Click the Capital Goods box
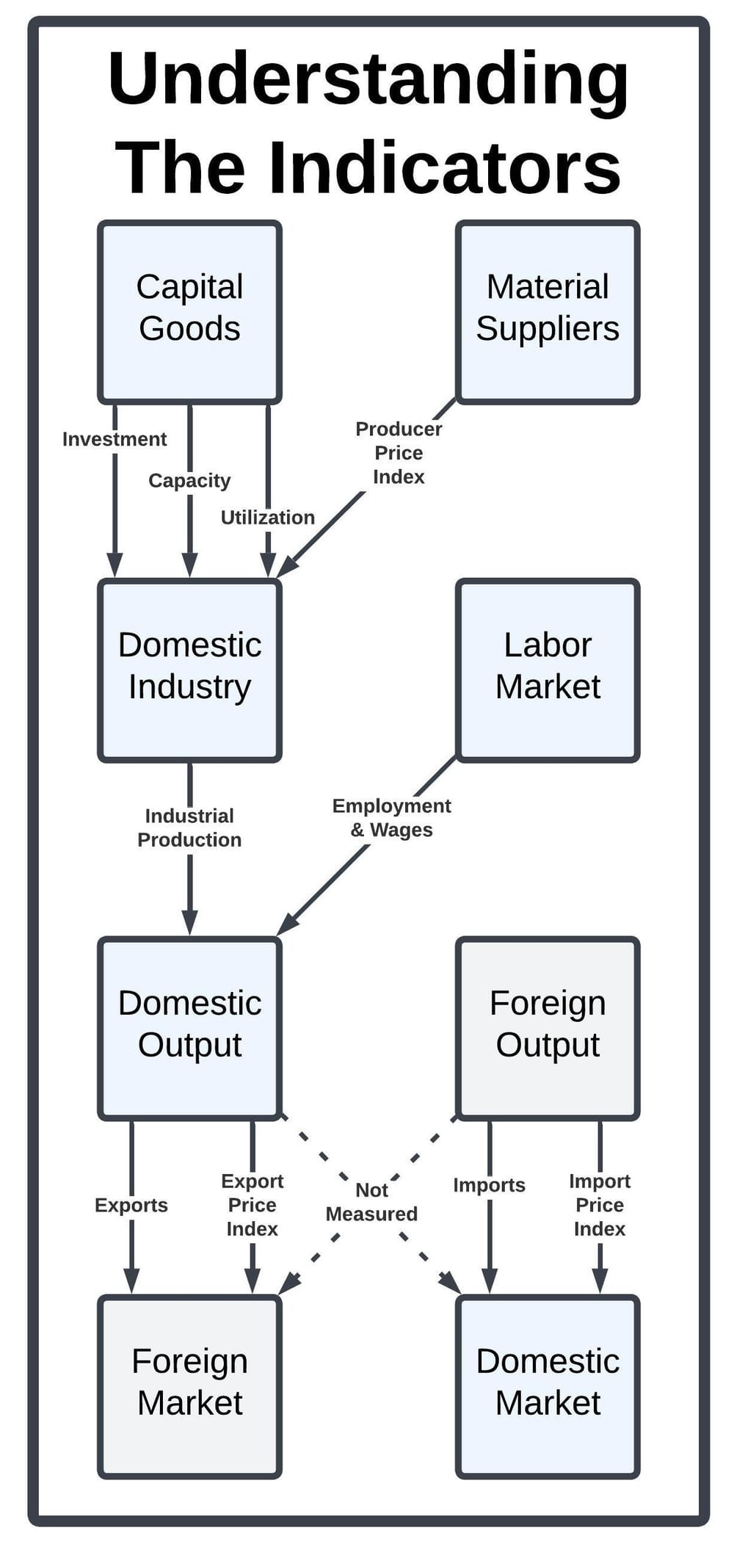click(189, 312)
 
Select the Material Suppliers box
click(548, 312)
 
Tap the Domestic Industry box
click(189, 670)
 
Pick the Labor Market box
click(548, 670)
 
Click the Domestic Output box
click(189, 1028)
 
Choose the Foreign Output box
click(548, 1028)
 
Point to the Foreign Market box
click(189, 1386)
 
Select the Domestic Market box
click(548, 1386)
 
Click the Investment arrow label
click(115, 439)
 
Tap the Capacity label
click(189, 480)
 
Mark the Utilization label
click(268, 517)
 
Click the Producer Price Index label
click(399, 452)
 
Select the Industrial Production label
click(189, 827)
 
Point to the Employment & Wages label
click(391, 817)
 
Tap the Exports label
click(131, 1205)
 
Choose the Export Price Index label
click(252, 1205)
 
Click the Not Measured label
click(371, 1202)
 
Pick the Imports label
click(489, 1185)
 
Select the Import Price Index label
click(600, 1205)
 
